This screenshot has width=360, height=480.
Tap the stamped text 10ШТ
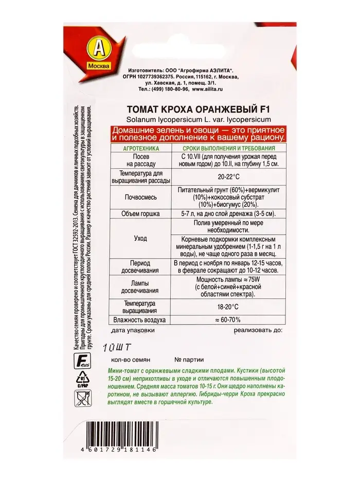click(x=119, y=347)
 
